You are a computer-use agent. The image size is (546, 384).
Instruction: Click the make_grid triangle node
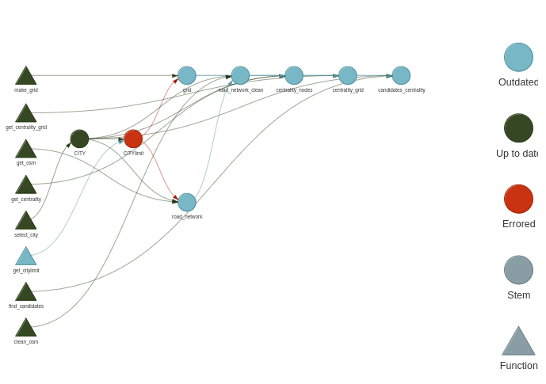point(26,77)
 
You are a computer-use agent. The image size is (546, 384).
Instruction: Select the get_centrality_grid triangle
point(26,114)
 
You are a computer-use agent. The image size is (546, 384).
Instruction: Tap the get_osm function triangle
point(26,150)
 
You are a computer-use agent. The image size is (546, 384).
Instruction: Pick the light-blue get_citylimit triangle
point(26,257)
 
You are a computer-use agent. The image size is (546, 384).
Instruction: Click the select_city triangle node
point(26,221)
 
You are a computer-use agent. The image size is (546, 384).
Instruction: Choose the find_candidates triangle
point(26,292)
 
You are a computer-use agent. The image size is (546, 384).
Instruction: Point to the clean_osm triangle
point(26,328)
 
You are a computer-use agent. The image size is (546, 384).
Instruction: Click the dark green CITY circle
point(79,139)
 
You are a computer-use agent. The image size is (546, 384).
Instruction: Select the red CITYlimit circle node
point(133,139)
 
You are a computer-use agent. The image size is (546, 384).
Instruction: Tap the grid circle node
point(187,76)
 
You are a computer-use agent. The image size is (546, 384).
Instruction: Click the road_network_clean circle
point(240,76)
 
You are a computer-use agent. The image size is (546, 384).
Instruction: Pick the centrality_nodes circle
point(294,76)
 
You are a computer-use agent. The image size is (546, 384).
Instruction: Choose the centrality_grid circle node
point(348,76)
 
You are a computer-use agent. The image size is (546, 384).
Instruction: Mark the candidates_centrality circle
point(401,76)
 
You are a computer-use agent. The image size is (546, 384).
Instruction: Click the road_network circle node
point(187,203)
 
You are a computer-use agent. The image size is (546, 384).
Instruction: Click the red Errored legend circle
point(518,199)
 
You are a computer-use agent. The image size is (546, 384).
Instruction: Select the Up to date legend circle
point(518,128)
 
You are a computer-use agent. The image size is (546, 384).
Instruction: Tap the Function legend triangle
point(518,342)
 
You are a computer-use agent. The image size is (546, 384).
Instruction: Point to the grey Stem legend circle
point(518,270)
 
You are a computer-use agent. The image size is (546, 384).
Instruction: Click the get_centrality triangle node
point(26,185)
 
